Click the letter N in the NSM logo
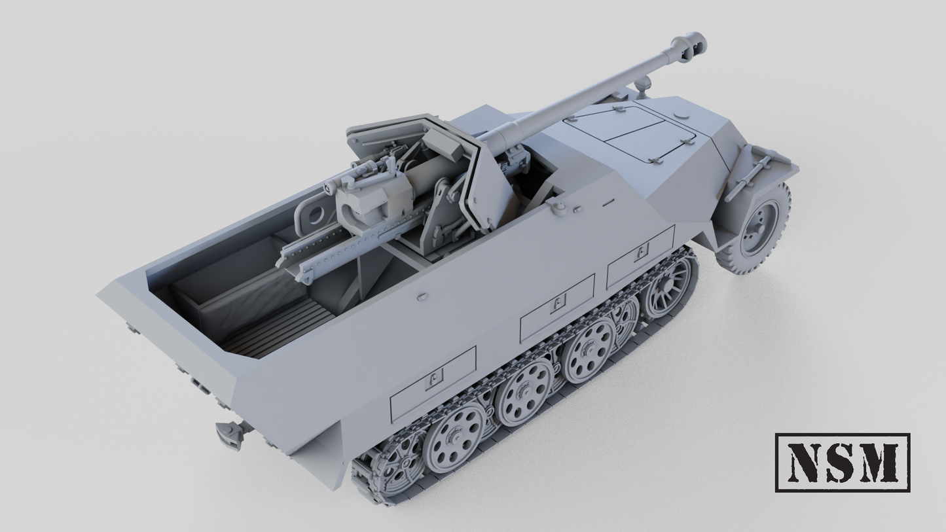point(805,462)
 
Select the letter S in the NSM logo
point(841,462)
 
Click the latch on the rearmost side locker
point(433,378)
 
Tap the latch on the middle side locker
point(557,302)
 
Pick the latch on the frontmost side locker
point(642,250)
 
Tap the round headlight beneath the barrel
point(644,83)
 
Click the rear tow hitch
point(229,434)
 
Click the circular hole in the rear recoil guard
point(315,214)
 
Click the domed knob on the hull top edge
point(558,207)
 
